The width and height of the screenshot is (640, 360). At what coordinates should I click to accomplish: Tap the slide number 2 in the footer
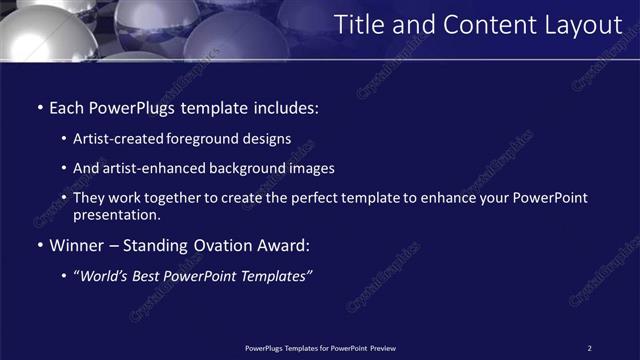[589, 348]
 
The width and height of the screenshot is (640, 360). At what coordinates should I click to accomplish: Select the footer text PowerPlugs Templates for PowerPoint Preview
[320, 348]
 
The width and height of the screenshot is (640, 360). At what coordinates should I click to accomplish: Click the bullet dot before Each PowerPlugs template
[39, 106]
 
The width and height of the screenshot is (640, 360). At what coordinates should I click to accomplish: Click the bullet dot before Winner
[39, 244]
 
